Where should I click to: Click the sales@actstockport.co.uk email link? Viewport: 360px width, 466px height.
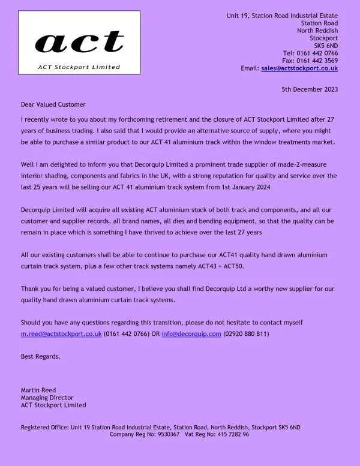click(x=299, y=68)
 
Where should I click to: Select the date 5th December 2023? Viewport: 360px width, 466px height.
click(x=310, y=89)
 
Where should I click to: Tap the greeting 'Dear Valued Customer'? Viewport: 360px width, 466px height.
click(x=53, y=104)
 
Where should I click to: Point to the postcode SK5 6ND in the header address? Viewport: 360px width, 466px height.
click(x=326, y=45)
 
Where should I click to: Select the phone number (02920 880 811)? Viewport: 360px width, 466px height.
click(x=245, y=333)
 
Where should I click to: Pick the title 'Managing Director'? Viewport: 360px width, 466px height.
click(x=47, y=398)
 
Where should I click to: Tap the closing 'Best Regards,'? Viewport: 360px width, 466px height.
click(x=40, y=357)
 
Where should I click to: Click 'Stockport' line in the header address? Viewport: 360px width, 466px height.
click(x=323, y=37)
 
